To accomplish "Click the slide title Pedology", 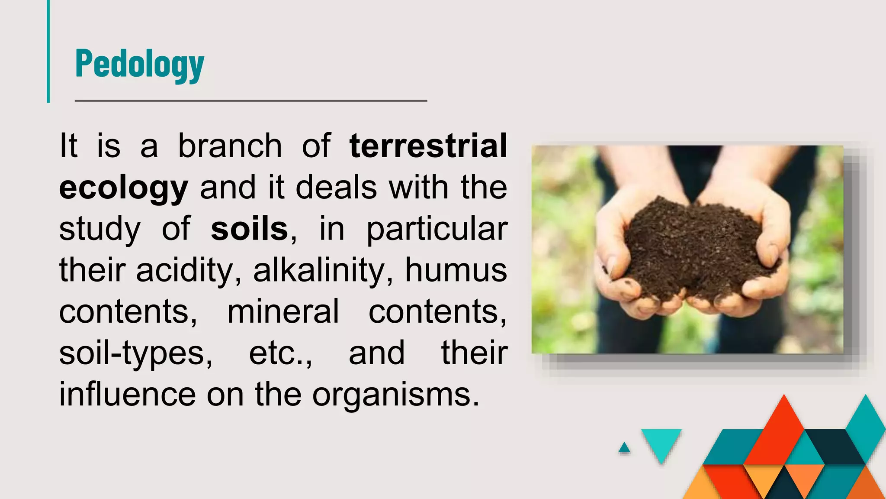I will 139,64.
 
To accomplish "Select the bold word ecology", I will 124,188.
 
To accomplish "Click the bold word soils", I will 249,229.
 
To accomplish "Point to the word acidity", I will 185,270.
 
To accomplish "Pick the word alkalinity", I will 318,270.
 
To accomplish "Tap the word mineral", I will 283,311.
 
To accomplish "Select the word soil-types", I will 135,353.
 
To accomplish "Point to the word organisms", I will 395,395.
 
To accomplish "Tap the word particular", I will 437,230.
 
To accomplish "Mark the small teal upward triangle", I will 624,448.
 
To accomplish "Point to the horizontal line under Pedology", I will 251,100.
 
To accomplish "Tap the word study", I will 100,230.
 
